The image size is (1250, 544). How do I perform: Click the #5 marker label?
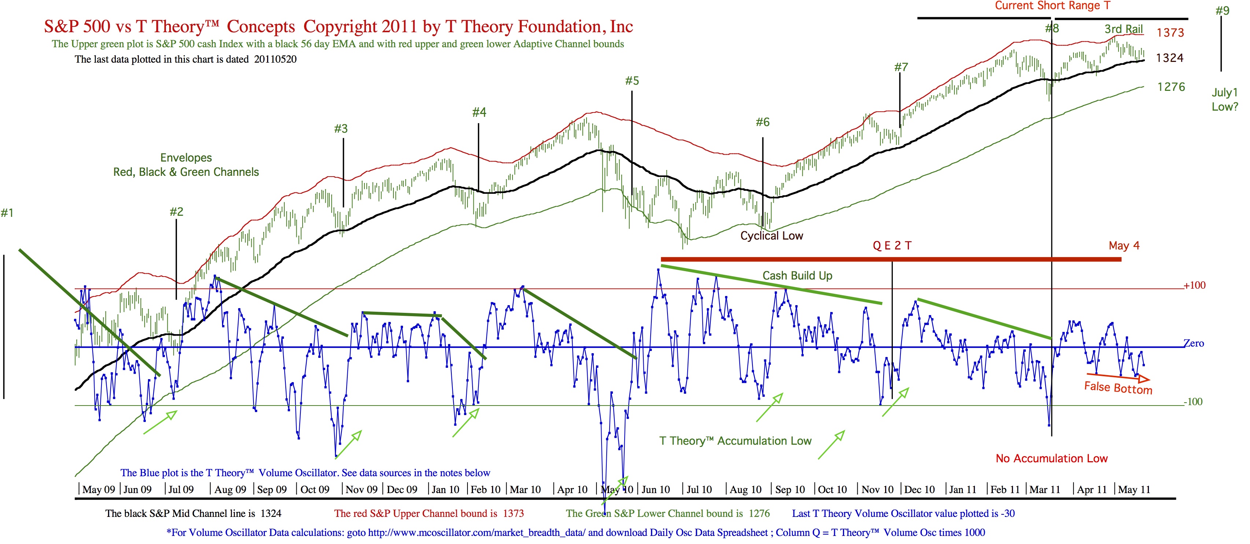tap(632, 81)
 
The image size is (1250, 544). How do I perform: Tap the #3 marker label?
tap(341, 129)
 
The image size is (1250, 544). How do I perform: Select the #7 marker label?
tap(901, 67)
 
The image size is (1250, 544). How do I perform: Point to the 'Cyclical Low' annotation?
tap(772, 236)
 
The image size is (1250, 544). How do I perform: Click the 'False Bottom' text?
tap(1118, 388)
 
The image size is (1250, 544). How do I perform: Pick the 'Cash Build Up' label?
tap(797, 275)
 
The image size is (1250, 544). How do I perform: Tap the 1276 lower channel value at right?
tap(1171, 87)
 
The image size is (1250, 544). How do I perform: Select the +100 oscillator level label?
tap(1194, 285)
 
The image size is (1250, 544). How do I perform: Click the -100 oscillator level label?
tap(1193, 402)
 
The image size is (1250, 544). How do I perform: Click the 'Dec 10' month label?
tap(919, 490)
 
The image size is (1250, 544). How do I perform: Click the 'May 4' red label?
tap(1124, 245)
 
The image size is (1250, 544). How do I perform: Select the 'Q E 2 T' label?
tap(892, 245)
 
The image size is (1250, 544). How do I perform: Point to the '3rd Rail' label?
tap(1124, 29)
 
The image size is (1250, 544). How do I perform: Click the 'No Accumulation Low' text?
tap(1051, 459)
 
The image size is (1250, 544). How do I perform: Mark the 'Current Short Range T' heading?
tap(1053, 6)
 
